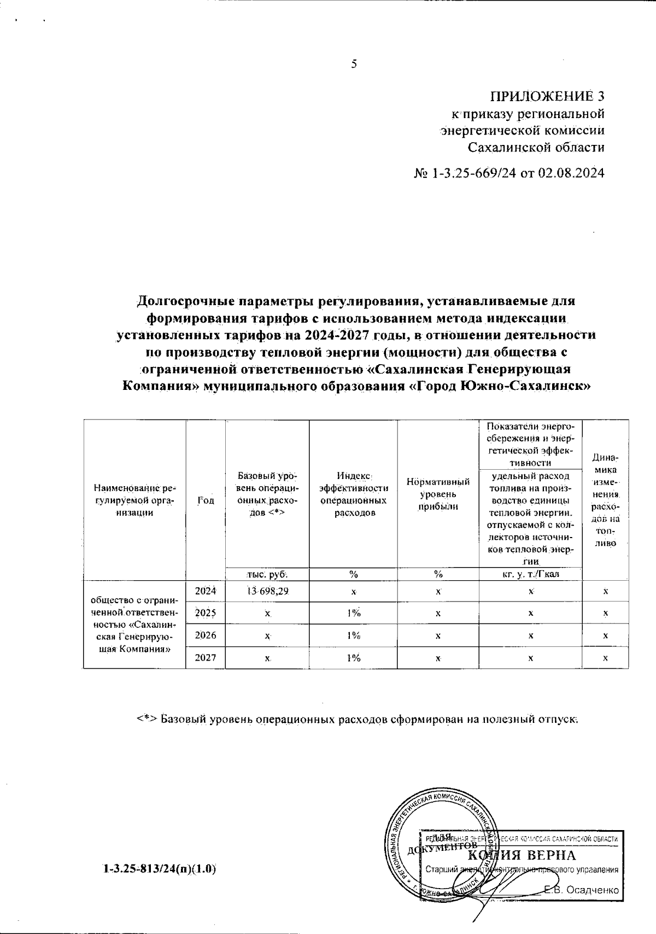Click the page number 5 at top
tap(354, 64)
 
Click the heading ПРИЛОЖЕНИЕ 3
tap(547, 97)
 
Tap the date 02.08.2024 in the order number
tap(571, 174)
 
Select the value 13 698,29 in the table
tap(267, 591)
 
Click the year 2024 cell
tap(206, 591)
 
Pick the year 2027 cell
tap(206, 657)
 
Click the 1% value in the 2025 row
tap(353, 613)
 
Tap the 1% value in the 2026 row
tap(353, 635)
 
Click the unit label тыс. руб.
tap(267, 574)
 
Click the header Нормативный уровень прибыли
tap(438, 494)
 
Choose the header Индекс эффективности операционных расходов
tap(353, 494)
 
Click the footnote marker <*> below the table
tap(147, 719)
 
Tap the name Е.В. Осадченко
tap(582, 890)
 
